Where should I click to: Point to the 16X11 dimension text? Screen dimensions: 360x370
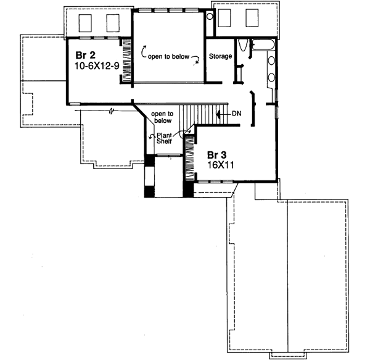pyautogui.click(x=206, y=165)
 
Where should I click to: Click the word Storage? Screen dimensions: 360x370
pyautogui.click(x=220, y=57)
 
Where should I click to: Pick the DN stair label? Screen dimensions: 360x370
pyautogui.click(x=237, y=114)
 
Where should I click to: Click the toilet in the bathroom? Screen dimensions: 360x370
pyautogui.click(x=243, y=46)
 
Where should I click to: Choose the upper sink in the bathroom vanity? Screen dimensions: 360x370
pyautogui.click(x=271, y=61)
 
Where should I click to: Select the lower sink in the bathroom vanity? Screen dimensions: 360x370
pyautogui.click(x=271, y=78)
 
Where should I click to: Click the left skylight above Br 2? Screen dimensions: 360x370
pyautogui.click(x=86, y=23)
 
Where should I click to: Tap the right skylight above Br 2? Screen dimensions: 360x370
pyautogui.click(x=112, y=23)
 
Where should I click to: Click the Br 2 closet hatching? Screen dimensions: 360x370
pyautogui.click(x=126, y=61)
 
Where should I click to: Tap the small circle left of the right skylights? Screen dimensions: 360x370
pyautogui.click(x=209, y=17)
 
